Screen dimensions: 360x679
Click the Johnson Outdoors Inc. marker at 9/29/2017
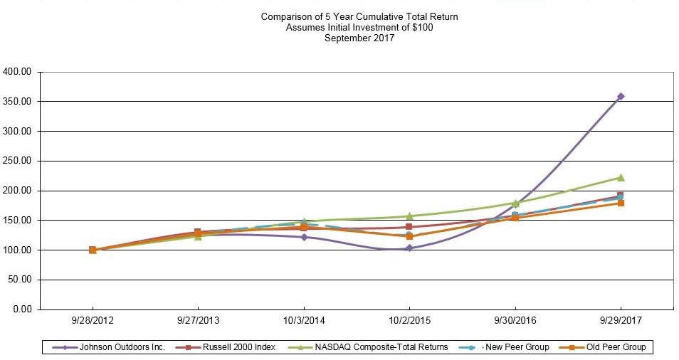621,96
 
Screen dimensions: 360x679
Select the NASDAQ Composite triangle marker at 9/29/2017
621,177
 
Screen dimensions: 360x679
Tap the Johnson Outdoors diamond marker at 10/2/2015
409,248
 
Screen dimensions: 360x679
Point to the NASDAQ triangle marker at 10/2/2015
409,216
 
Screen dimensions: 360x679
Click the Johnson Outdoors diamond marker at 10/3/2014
304,237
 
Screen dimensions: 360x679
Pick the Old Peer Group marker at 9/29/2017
621,203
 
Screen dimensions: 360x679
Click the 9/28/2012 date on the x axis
93,321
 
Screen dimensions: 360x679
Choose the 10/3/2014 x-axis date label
304,321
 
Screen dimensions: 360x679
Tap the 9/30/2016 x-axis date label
515,321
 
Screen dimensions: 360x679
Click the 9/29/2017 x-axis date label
621,321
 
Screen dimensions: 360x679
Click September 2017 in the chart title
359,38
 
